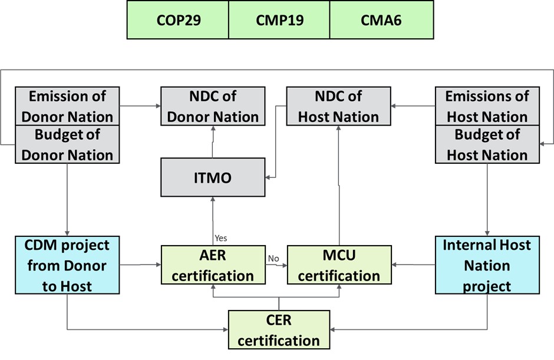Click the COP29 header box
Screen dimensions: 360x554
pos(178,20)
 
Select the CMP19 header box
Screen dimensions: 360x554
pos(279,20)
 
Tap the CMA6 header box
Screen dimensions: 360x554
pos(381,20)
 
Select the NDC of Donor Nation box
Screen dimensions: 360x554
pos(213,106)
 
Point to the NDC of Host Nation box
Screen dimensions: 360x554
pos(338,106)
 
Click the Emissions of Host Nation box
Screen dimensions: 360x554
pos(487,106)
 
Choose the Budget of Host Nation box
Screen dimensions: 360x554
pos(487,144)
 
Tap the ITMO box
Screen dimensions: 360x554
pos(213,177)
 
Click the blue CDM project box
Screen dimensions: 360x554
pos(67,265)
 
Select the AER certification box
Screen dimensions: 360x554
pos(213,265)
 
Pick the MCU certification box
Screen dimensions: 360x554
pos(338,265)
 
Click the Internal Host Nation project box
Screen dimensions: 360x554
pos(487,265)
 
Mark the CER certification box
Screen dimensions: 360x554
pos(279,330)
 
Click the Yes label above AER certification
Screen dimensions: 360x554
pos(221,238)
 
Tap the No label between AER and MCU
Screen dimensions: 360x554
pos(273,258)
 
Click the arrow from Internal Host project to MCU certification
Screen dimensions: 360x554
pos(413,265)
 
